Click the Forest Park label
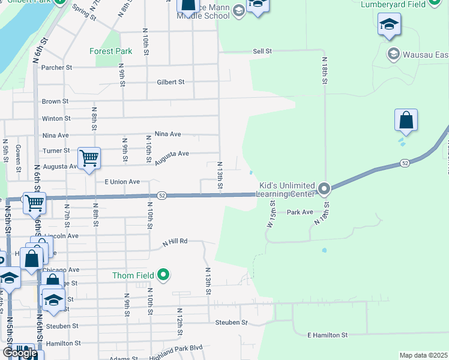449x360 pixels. click(110, 52)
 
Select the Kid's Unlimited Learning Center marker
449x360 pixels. click(324, 190)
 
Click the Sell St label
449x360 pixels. click(262, 52)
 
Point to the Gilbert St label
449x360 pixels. click(170, 82)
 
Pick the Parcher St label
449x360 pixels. click(56, 68)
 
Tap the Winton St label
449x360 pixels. click(56, 119)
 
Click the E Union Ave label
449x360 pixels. click(122, 182)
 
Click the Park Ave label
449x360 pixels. click(300, 212)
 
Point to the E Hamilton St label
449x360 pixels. click(327, 335)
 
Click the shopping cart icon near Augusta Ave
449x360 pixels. click(89, 158)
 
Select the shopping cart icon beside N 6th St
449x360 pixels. click(34, 203)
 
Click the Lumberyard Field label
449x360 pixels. click(393, 4)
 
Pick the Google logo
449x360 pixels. click(20, 353)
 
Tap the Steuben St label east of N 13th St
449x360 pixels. click(231, 323)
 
